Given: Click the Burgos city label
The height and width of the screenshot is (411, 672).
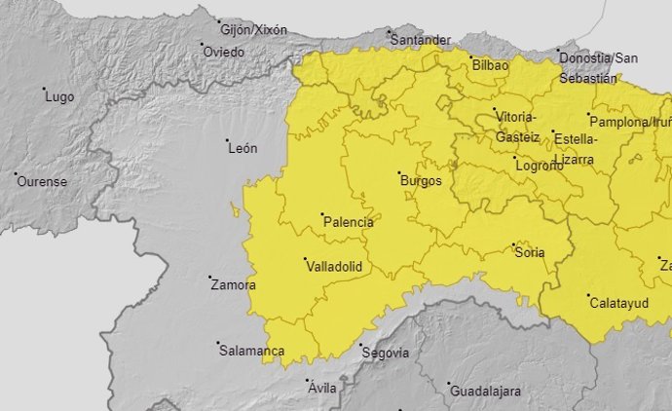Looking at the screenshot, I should [421, 181].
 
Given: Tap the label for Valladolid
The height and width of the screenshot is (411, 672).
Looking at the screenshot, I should [334, 266].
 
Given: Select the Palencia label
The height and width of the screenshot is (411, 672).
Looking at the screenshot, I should [349, 222].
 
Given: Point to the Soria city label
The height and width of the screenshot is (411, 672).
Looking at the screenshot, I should [531, 253].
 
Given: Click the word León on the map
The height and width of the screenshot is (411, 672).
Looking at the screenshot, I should [243, 149].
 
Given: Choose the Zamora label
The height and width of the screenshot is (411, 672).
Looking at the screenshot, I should [234, 285].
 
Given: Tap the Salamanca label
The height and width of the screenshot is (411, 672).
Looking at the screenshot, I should [252, 351].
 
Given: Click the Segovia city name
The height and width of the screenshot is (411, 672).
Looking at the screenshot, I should [385, 353].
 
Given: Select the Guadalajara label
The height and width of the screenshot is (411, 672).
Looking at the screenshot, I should [485, 391].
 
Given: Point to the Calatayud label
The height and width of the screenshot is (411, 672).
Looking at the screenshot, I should [619, 304].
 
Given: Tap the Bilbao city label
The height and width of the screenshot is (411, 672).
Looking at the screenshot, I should [490, 65].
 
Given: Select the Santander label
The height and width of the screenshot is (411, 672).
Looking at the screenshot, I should [421, 40].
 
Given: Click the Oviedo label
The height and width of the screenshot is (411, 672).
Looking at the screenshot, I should [224, 52].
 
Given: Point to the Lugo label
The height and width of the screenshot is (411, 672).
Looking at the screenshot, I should [60, 97].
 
